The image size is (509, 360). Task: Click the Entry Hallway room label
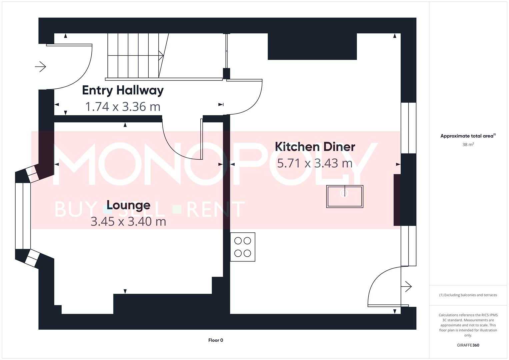[123, 90]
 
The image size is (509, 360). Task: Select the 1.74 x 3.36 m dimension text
[123, 107]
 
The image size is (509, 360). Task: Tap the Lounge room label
[128, 205]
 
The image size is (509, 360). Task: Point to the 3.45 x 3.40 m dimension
[128, 221]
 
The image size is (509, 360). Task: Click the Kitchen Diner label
[315, 147]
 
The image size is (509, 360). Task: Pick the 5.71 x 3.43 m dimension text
[315, 163]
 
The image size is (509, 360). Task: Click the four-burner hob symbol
[243, 247]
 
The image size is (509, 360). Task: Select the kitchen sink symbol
[344, 197]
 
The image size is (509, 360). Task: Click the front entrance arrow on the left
[40, 67]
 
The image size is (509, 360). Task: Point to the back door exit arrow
[408, 286]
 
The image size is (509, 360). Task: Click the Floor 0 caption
[216, 340]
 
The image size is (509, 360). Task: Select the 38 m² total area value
[468, 145]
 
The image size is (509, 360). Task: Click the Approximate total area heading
[468, 136]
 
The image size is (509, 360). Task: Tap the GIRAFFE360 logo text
[468, 345]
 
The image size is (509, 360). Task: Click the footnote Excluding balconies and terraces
[468, 295]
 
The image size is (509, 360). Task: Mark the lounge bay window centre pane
[23, 216]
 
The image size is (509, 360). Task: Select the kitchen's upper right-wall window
[408, 128]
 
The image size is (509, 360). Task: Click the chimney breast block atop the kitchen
[312, 47]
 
